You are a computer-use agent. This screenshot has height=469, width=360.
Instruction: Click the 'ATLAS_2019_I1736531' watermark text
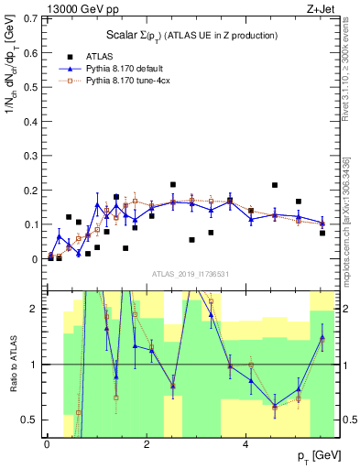pos(191,275)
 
